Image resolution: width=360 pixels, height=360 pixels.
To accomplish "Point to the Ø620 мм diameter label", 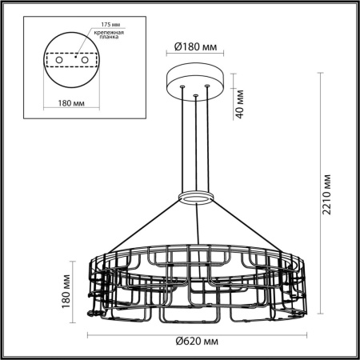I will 194,342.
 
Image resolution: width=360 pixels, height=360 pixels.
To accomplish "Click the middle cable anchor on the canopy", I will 194,96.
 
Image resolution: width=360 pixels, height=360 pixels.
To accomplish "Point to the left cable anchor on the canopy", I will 183,87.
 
